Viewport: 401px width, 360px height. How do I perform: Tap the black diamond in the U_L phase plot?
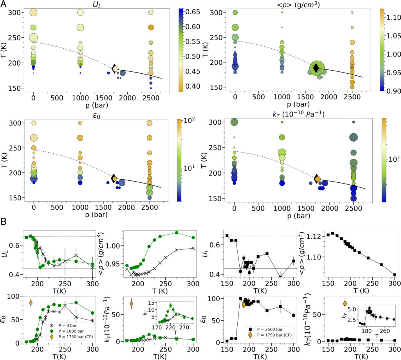(x=115, y=68)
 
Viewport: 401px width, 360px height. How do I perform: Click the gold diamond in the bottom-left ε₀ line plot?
(x=31, y=302)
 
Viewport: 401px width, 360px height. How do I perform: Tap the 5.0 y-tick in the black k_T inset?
(x=358, y=309)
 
